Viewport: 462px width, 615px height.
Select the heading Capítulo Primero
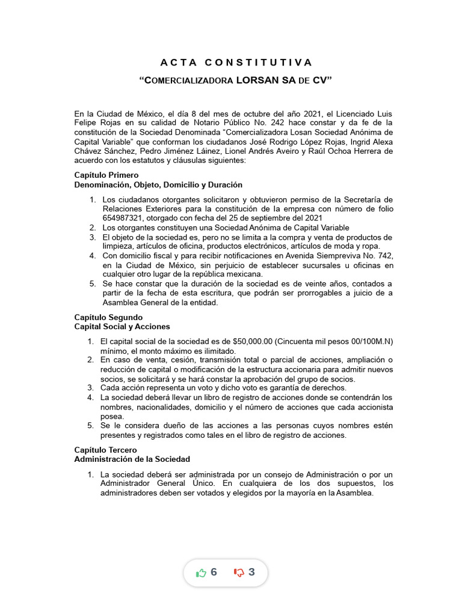(106, 175)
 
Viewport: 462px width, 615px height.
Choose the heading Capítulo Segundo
(108, 317)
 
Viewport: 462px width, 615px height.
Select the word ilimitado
(216, 351)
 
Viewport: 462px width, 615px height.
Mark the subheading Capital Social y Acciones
(122, 326)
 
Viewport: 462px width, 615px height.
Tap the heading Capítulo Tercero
(105, 449)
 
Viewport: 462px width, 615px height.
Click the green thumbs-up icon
(201, 572)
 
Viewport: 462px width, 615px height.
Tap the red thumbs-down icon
(238, 572)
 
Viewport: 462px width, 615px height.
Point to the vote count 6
(214, 572)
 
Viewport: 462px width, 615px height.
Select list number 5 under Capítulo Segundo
(90, 426)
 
